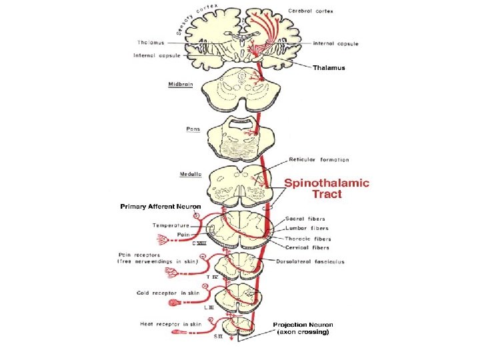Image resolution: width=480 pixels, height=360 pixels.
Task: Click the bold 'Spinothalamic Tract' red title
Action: pos(327,189)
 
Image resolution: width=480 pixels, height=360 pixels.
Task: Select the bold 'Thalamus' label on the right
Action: pos(329,68)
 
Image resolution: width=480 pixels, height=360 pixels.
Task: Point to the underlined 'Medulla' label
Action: pos(191,175)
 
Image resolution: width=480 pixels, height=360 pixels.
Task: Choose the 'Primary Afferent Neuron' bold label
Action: pos(161,207)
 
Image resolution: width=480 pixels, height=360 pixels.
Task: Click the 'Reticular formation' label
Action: pos(319,160)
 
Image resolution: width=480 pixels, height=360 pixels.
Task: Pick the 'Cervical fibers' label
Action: pos(309,247)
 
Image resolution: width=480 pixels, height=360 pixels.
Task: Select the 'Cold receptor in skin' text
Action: pos(168,293)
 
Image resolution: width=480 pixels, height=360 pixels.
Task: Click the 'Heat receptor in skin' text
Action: pos(170,324)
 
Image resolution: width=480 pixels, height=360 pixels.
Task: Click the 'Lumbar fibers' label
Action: pos(307,228)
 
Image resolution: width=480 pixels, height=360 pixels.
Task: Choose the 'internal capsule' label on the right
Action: pos(335,44)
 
